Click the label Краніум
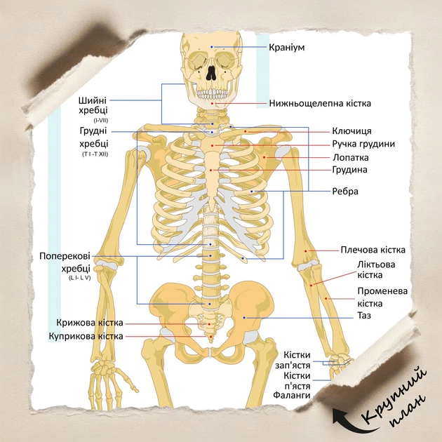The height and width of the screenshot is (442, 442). [x=287, y=47]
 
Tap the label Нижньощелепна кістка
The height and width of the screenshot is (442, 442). [x=320, y=103]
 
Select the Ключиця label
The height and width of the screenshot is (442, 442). [x=351, y=131]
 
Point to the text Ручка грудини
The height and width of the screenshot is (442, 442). [x=363, y=144]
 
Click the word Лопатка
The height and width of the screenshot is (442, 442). [x=351, y=157]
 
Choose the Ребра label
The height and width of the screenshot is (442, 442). [x=345, y=192]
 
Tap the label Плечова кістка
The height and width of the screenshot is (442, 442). [x=373, y=250]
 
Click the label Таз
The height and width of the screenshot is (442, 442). [x=364, y=316]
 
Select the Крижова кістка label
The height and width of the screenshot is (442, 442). [x=90, y=323]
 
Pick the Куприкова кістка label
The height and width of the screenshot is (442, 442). [x=86, y=336]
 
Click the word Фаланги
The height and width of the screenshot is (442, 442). [x=291, y=395]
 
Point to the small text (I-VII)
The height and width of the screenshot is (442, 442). [x=100, y=121]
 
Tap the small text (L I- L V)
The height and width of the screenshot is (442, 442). [x=79, y=278]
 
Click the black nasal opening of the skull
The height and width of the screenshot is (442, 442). [x=210, y=73]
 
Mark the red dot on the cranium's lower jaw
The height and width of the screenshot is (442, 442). [x=213, y=104]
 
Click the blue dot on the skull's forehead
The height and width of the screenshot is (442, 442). [x=212, y=47]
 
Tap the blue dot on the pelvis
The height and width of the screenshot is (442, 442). [x=244, y=318]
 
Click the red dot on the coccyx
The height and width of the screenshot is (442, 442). [x=210, y=337]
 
